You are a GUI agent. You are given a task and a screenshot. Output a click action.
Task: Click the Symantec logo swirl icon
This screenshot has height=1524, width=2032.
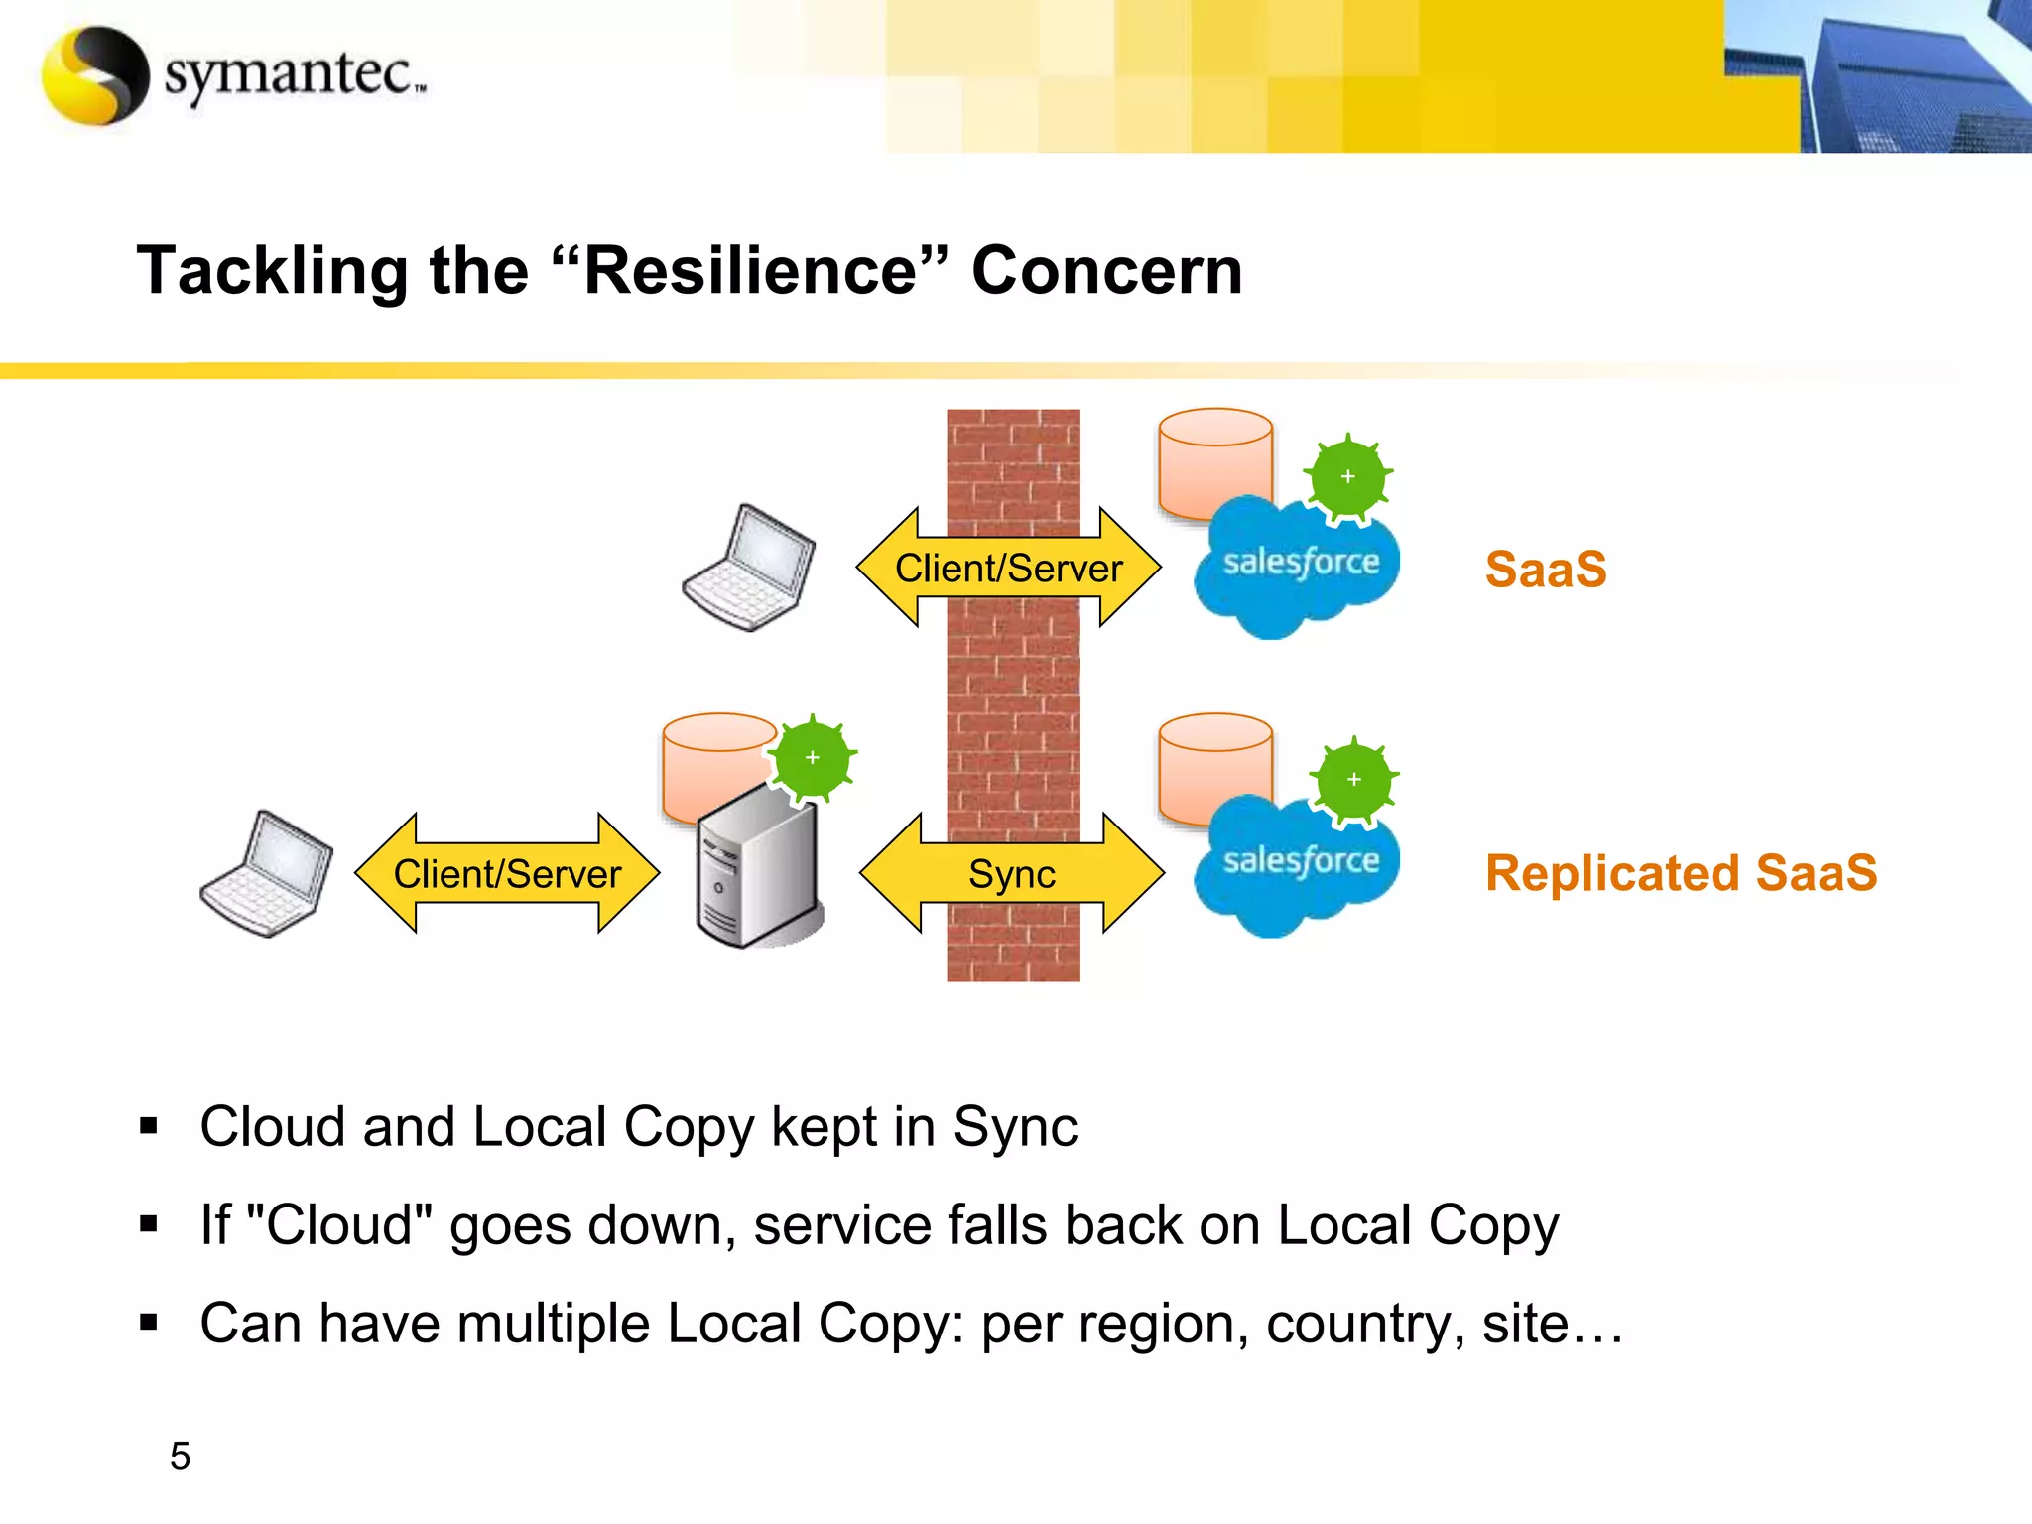(x=95, y=75)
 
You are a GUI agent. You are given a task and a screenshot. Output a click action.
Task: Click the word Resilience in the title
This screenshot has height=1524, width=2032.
(x=749, y=270)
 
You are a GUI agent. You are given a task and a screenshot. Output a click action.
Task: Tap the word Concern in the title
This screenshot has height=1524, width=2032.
(x=1106, y=270)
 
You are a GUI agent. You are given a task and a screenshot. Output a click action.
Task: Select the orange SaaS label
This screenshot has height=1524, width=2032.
(x=1545, y=570)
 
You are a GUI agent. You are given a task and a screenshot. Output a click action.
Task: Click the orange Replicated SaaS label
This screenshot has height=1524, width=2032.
(x=1681, y=873)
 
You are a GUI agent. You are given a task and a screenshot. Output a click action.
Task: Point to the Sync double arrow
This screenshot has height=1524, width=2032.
(x=1012, y=874)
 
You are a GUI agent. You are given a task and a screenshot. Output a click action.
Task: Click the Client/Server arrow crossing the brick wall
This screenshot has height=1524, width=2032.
(x=1008, y=569)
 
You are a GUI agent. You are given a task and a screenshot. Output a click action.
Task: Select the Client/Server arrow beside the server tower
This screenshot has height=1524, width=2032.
(x=507, y=874)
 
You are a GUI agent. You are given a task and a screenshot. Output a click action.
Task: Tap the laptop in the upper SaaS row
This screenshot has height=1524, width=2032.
(x=750, y=569)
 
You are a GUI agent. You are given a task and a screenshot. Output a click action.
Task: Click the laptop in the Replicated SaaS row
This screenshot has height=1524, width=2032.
(x=267, y=874)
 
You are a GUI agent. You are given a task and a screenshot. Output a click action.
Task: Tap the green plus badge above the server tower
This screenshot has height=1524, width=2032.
(x=813, y=758)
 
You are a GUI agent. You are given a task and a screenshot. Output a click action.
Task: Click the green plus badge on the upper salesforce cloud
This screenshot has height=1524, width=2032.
(x=1347, y=477)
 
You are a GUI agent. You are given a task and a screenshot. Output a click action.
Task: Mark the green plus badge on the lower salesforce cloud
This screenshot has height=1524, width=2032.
(x=1353, y=780)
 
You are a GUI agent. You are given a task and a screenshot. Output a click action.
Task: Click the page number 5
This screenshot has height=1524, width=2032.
(x=180, y=1457)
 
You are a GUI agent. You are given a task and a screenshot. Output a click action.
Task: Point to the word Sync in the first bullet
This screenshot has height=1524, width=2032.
(x=1014, y=1127)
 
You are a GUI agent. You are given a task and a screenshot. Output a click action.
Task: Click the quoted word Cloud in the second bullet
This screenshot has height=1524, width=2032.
(x=338, y=1225)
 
